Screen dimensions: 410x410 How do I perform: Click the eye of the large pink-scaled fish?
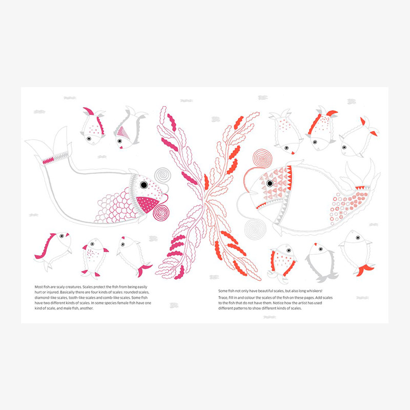click(144, 185)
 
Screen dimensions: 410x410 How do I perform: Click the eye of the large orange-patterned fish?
click(270, 183)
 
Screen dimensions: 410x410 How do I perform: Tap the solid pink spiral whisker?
click(161, 213)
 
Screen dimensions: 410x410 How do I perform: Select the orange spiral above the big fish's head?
click(262, 158)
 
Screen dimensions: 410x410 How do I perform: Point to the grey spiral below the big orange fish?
click(255, 229)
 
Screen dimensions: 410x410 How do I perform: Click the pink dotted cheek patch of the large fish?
click(148, 204)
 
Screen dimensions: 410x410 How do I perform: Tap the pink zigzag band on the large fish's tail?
click(48, 160)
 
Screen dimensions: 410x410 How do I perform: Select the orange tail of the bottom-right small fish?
click(365, 270)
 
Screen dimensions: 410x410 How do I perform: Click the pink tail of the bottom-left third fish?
click(144, 270)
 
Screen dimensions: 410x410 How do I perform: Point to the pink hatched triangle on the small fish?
click(122, 133)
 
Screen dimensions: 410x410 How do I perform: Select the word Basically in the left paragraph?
click(68, 292)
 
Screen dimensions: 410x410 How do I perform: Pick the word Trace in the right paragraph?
click(223, 298)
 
